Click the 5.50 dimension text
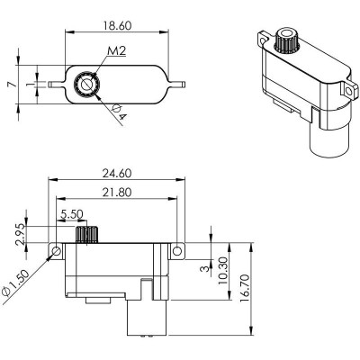(x=72, y=215)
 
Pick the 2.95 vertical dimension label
(x=19, y=233)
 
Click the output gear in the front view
(x=85, y=236)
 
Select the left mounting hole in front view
(x=56, y=249)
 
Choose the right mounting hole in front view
(x=178, y=249)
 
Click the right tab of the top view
(x=176, y=84)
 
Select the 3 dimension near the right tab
(x=202, y=266)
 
